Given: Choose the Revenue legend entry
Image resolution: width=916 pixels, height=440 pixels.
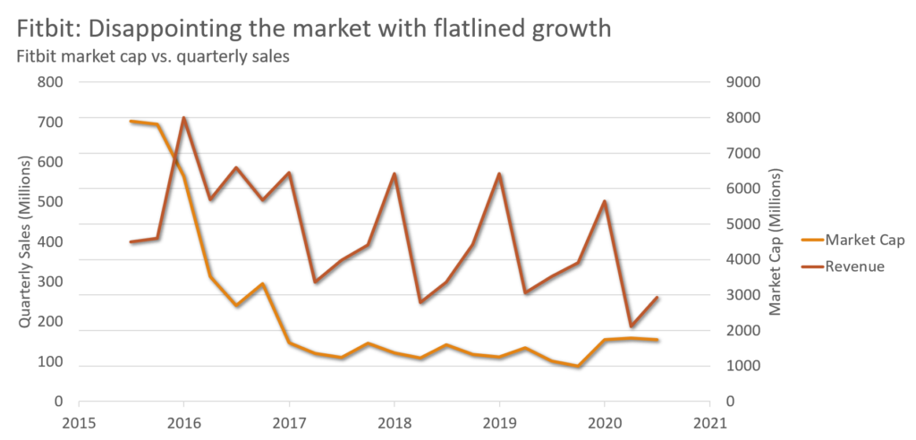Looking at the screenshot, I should [854, 267].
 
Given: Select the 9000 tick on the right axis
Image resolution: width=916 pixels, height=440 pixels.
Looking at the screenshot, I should [742, 82].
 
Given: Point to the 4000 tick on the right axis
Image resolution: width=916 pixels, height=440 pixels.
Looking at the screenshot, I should [742, 260].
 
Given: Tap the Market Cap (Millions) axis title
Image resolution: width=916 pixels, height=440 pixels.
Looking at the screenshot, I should [775, 241].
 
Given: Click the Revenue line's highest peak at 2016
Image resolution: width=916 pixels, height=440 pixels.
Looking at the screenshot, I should [183, 117].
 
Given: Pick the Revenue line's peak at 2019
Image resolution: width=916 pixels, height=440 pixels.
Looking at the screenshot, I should [499, 173].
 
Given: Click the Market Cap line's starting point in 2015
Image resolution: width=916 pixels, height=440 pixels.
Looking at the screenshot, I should [131, 121].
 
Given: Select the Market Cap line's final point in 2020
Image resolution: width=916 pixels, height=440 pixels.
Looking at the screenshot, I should [657, 340].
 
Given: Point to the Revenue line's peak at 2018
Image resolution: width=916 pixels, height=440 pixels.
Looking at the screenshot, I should [394, 173].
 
